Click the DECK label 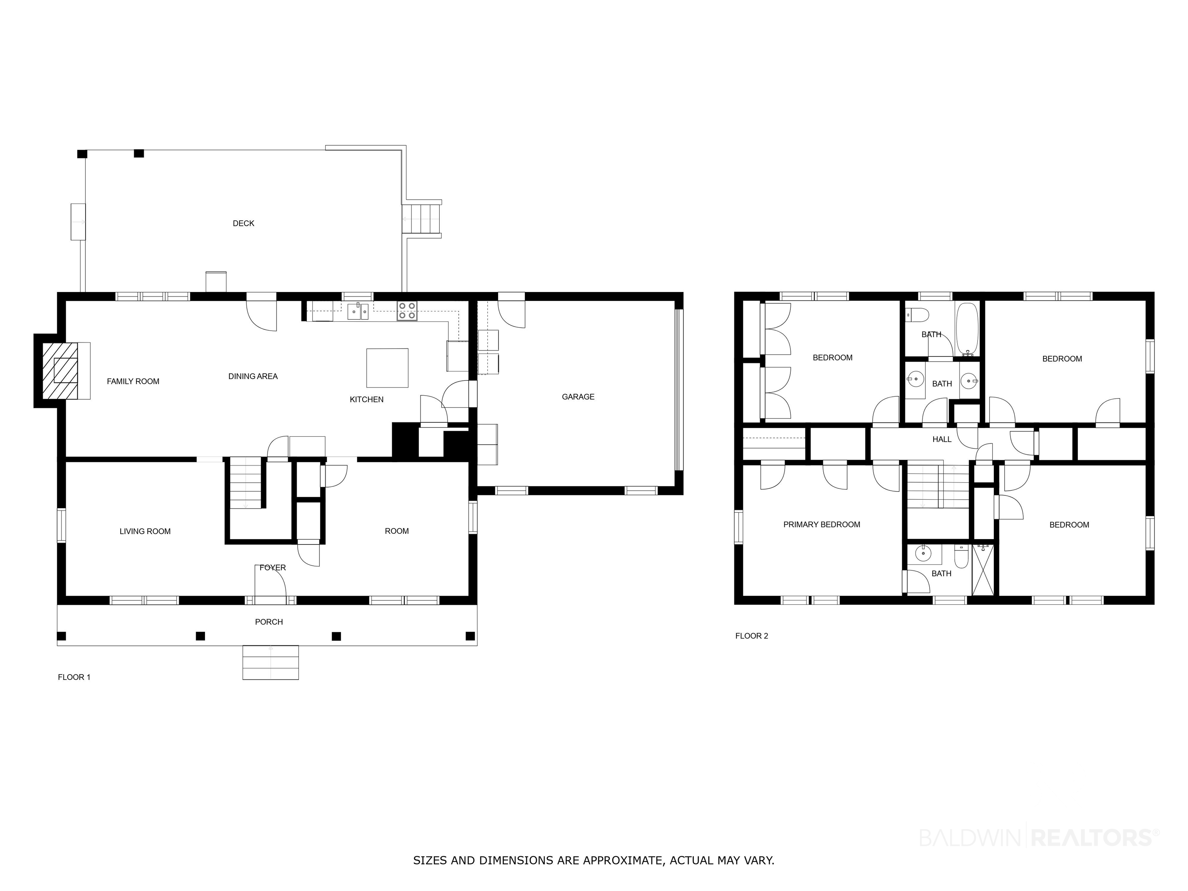click(x=243, y=224)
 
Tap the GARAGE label click(x=578, y=397)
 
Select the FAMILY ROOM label click(x=133, y=381)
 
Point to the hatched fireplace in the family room click(x=60, y=370)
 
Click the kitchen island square click(x=387, y=368)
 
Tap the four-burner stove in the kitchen click(x=407, y=311)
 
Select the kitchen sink click(x=358, y=311)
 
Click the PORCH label click(x=268, y=622)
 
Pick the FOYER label click(x=272, y=568)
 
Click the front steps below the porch click(x=270, y=662)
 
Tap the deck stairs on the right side click(x=422, y=218)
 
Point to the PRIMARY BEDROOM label click(x=822, y=525)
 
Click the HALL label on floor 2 click(x=942, y=439)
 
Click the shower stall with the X click(x=983, y=570)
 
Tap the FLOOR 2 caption click(x=751, y=636)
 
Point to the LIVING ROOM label click(x=145, y=531)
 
